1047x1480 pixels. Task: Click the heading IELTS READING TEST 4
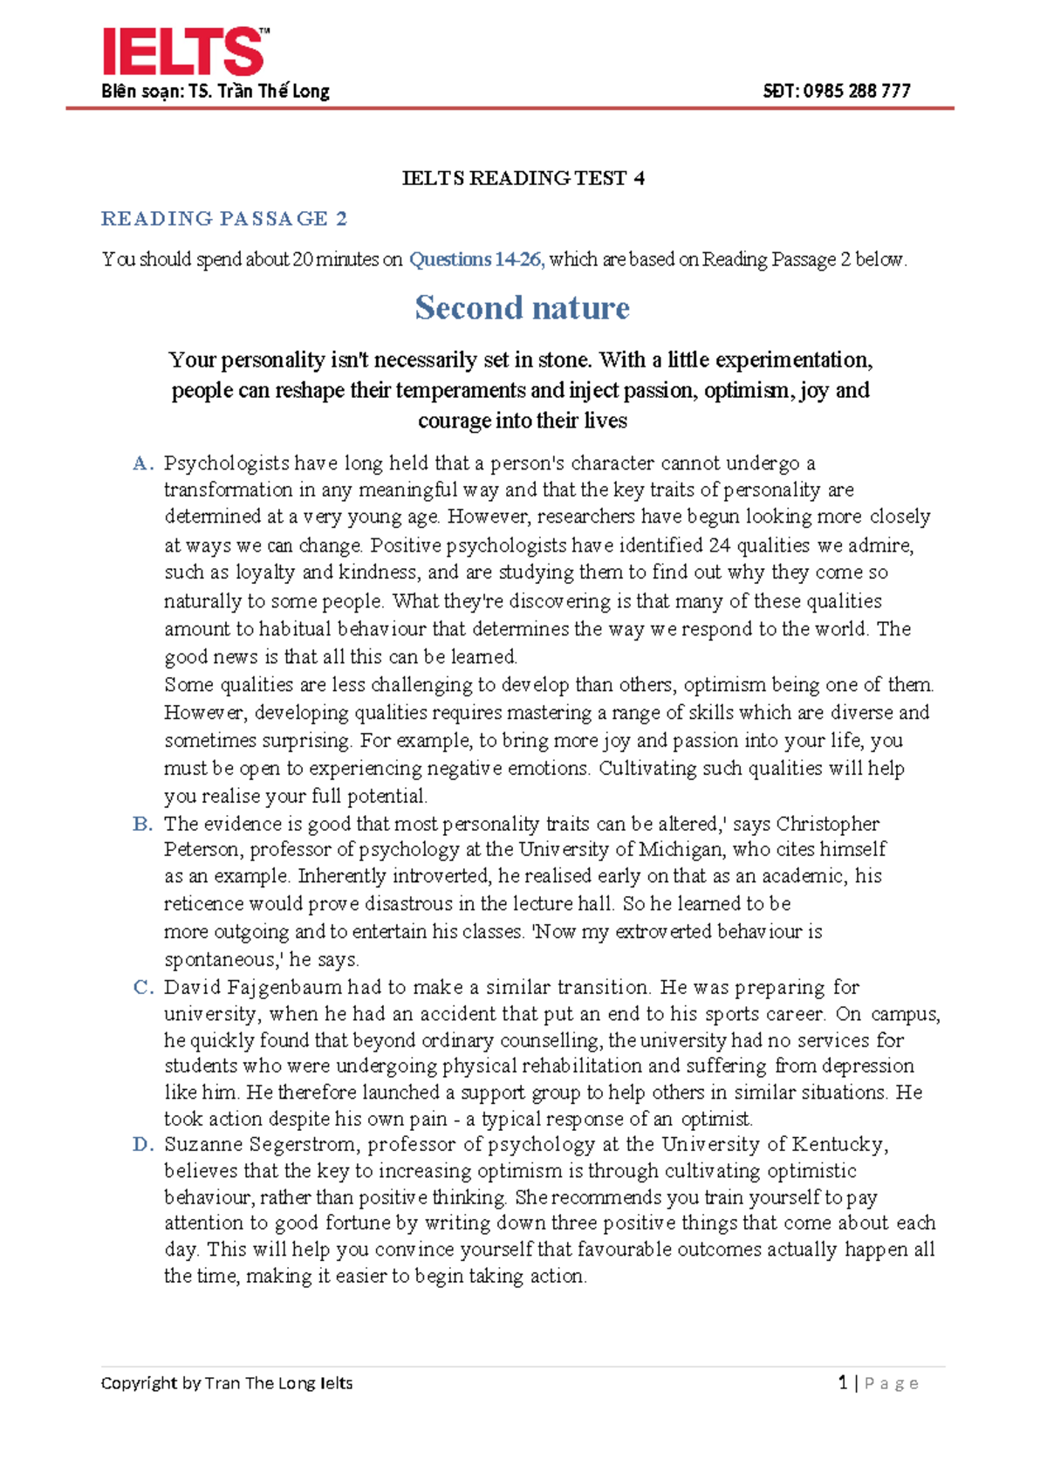click(523, 178)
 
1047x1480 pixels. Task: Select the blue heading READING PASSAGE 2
click(224, 218)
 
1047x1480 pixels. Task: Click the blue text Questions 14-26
click(476, 259)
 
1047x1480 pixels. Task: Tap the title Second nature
click(522, 307)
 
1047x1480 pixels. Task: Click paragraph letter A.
click(142, 463)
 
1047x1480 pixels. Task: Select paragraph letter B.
click(142, 824)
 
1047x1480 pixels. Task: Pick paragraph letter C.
click(142, 987)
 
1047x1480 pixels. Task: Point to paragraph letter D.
click(142, 1144)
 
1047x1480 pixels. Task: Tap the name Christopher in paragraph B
click(827, 824)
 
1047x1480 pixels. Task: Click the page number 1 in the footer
click(843, 1382)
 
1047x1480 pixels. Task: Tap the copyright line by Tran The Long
click(227, 1383)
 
